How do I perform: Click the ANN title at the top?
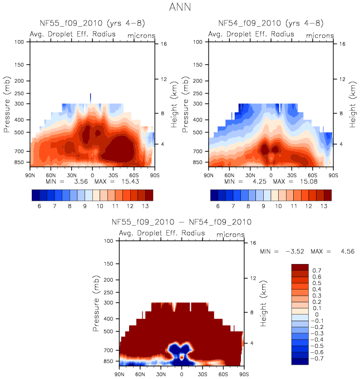[180, 8]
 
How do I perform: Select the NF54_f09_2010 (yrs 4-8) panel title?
[271, 23]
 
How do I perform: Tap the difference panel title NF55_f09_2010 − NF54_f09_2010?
[181, 222]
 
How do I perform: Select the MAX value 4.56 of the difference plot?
[346, 252]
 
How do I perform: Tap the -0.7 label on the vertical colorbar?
[317, 359]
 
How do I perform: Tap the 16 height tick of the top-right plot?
[343, 43]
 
